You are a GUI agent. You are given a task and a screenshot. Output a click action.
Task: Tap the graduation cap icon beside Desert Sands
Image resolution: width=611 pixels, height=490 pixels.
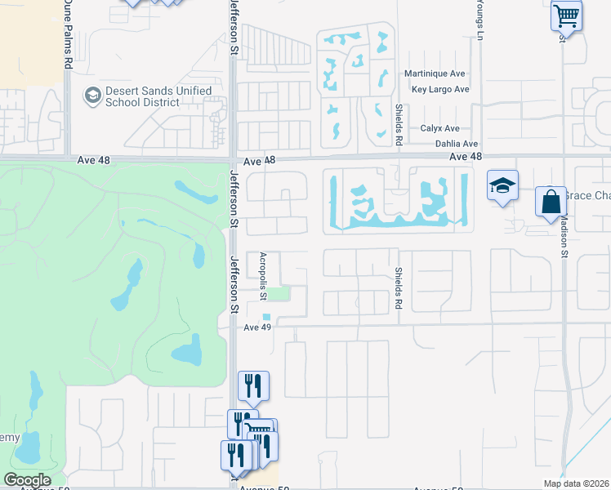click(x=92, y=96)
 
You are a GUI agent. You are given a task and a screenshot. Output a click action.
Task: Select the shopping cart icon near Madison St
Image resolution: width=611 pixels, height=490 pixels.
click(x=566, y=16)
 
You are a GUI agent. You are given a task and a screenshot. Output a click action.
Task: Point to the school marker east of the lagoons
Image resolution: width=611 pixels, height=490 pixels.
click(x=503, y=186)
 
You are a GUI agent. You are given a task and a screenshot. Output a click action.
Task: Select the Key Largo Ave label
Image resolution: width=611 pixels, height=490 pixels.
click(x=440, y=90)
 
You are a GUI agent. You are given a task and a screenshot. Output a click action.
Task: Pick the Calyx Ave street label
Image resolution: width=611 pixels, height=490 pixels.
click(x=439, y=128)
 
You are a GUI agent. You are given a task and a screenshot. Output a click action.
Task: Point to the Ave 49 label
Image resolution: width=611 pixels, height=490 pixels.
click(x=257, y=327)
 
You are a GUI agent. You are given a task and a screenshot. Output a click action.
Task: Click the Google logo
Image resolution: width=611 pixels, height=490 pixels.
click(x=27, y=480)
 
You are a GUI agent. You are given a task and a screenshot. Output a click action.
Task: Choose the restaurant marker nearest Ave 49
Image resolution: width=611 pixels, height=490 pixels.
click(x=252, y=385)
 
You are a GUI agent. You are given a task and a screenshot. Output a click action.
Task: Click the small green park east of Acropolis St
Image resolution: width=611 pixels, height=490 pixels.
click(x=280, y=293)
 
